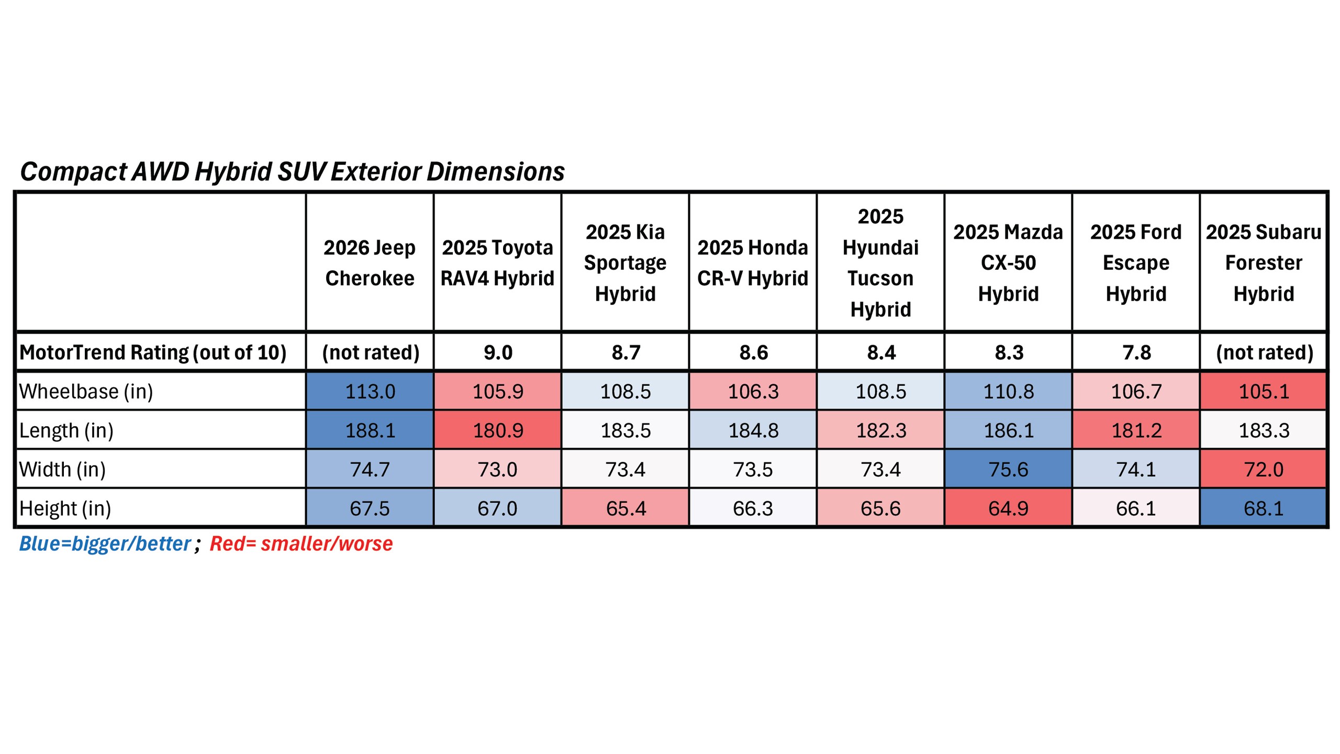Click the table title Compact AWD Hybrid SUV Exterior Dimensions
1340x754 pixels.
292,172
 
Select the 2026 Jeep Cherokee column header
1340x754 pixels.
370,263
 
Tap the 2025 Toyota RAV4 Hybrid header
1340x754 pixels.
497,263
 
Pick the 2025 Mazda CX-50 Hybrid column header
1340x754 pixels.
1008,263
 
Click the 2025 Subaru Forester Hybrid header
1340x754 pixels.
1264,263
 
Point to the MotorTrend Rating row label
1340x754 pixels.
153,352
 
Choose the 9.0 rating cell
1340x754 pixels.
498,352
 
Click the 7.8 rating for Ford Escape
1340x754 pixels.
1136,352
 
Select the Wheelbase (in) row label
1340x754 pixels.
86,392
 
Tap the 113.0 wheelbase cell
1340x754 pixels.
370,392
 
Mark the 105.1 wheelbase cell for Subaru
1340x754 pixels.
1264,392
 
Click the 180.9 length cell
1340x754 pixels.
498,430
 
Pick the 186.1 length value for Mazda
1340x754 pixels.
1009,430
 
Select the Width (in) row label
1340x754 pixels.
63,469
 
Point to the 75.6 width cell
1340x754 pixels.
1008,469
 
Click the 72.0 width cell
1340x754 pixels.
1264,469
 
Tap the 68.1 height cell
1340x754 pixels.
1264,508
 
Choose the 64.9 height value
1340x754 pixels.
1008,508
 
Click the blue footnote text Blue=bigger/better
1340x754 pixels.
105,544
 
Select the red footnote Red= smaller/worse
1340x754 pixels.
301,544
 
